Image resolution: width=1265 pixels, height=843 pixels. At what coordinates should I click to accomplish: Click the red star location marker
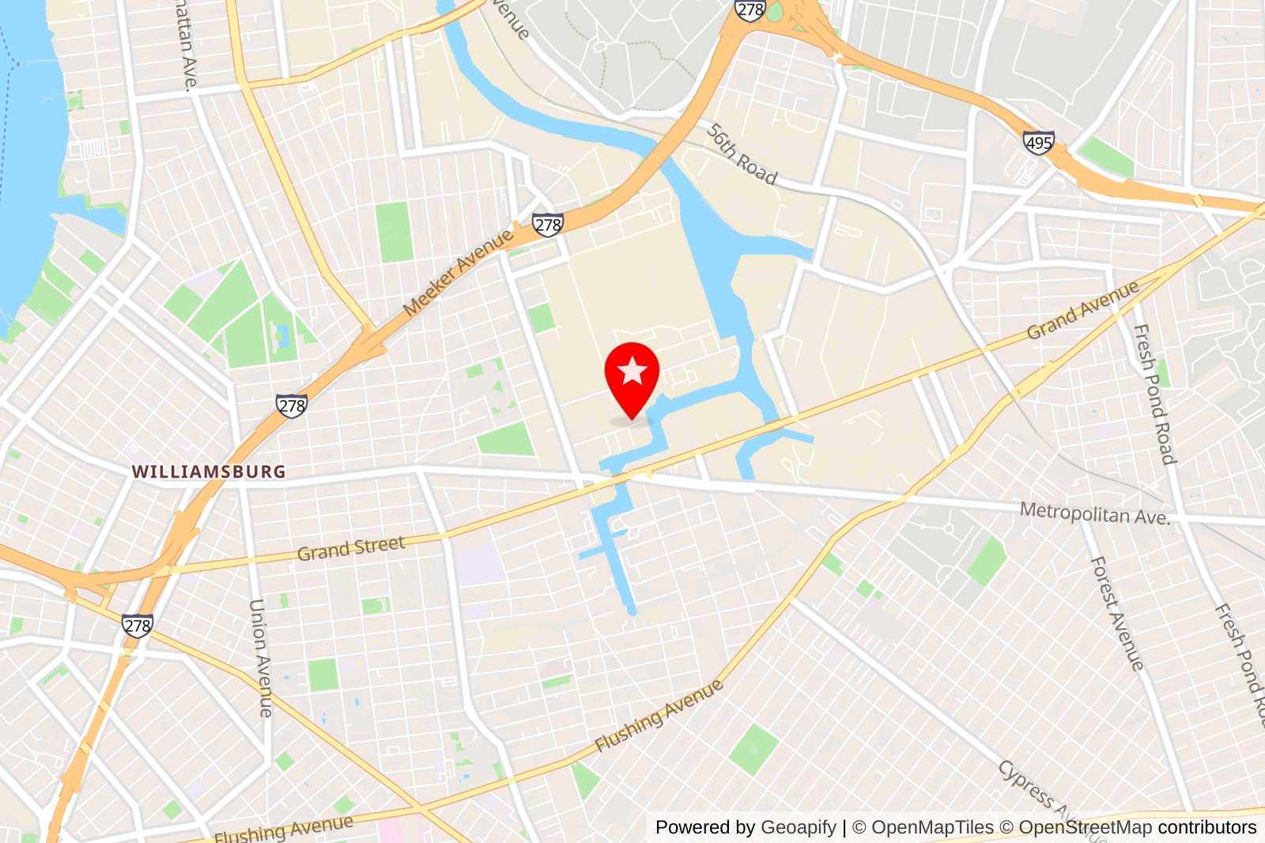point(632,372)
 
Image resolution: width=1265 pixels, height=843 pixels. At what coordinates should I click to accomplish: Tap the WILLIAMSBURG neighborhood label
point(209,472)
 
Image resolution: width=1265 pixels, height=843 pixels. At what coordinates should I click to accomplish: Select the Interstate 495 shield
point(1038,142)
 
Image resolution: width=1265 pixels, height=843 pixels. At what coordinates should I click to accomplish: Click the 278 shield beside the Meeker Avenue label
point(547,225)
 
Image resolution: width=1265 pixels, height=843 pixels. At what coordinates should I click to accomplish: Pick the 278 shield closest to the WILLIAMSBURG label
point(291,406)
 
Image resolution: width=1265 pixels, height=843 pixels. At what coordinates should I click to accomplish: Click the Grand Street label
point(351,548)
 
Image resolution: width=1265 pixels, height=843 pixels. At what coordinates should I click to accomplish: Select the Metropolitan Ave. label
point(1094,513)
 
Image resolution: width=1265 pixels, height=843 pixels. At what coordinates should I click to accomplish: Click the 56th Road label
point(742,154)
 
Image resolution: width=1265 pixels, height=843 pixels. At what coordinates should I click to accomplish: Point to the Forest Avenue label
point(1116,614)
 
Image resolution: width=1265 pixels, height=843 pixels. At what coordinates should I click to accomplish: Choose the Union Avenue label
point(260,658)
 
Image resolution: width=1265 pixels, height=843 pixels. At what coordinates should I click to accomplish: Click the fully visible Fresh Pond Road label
point(1154,394)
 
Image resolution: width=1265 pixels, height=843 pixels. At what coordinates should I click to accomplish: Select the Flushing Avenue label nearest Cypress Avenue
point(659,716)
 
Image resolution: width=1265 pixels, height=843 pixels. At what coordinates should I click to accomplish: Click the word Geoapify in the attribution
point(798,827)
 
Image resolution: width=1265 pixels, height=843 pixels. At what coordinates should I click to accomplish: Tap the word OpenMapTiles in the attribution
point(932,827)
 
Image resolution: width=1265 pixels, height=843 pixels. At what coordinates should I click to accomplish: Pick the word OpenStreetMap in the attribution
point(1085,827)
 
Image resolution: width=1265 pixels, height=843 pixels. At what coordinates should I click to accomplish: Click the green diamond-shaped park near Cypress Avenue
point(753,749)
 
